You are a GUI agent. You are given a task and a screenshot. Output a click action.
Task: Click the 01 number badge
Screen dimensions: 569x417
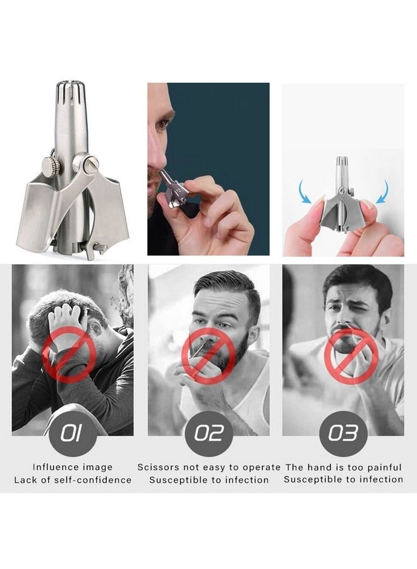(72, 434)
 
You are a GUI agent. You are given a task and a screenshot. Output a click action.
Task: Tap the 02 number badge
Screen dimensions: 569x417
(208, 434)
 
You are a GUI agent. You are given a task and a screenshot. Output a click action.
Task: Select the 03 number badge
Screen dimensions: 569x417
(343, 434)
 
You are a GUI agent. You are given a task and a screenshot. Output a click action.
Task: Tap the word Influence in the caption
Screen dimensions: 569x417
(55, 467)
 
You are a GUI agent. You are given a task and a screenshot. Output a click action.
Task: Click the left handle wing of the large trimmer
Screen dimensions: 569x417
(35, 209)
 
